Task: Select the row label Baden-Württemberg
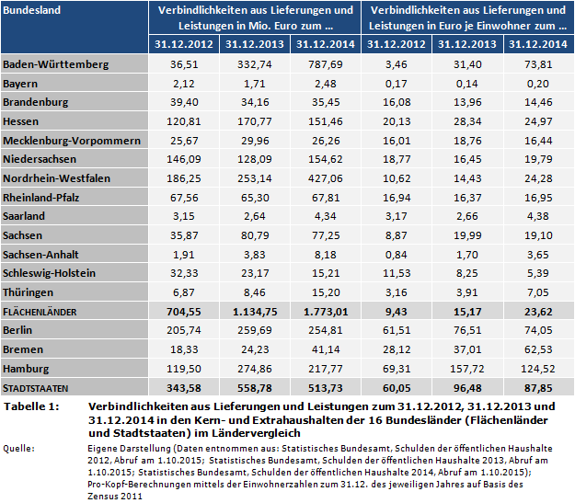pyautogui.click(x=56, y=64)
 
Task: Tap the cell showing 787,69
pyautogui.click(x=326, y=64)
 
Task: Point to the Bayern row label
pyautogui.click(x=22, y=83)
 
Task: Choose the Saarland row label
pyautogui.click(x=27, y=216)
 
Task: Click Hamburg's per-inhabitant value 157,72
pyautogui.click(x=467, y=368)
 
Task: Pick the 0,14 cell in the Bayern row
pyautogui.click(x=469, y=83)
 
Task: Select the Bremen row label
pyautogui.click(x=24, y=349)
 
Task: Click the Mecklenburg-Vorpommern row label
pyautogui.click(x=73, y=140)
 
